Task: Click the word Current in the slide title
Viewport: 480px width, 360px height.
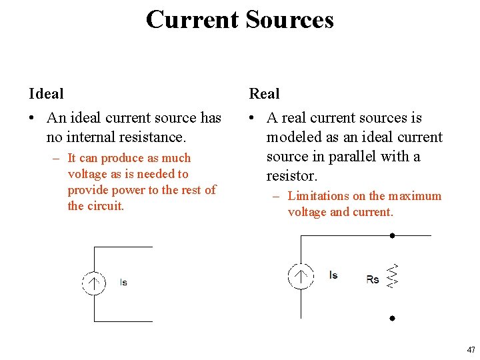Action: [192, 19]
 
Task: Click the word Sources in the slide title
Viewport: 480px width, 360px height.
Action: [289, 19]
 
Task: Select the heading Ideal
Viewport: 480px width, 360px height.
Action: [46, 94]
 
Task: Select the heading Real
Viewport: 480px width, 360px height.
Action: [264, 94]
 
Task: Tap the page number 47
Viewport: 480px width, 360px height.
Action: [471, 349]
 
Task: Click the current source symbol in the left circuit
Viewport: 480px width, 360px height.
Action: [94, 283]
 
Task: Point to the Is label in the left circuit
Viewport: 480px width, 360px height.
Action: [123, 283]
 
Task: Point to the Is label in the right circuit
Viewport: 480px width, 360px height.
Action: [333, 275]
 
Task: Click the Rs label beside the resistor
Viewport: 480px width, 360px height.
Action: [373, 279]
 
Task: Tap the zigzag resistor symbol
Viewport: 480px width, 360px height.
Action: [393, 276]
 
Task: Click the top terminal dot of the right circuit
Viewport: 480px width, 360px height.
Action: [393, 235]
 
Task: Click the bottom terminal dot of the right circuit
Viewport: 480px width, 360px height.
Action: [393, 319]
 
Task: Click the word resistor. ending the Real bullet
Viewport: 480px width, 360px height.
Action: [292, 176]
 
